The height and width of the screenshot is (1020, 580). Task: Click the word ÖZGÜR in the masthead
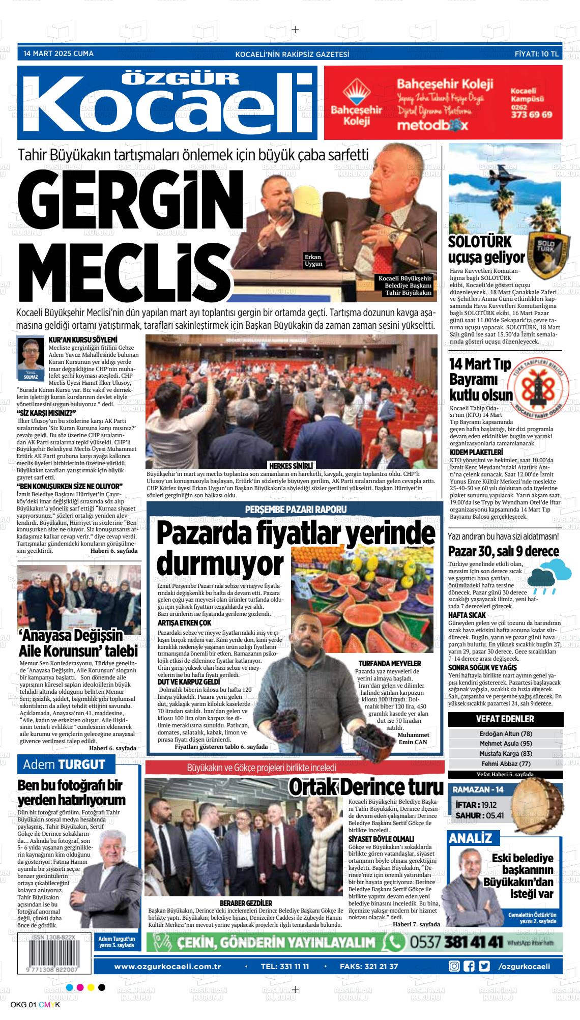(x=182, y=77)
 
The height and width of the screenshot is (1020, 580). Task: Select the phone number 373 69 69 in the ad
(x=531, y=115)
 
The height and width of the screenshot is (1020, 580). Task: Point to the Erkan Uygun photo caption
(x=313, y=260)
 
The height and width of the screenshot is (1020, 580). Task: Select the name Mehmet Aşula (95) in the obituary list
(x=505, y=743)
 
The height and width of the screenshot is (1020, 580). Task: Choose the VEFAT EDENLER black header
(x=505, y=719)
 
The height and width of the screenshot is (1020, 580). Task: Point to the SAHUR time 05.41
(x=494, y=815)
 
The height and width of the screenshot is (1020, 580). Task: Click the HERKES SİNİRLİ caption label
(x=291, y=465)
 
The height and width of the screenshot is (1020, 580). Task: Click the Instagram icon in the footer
(x=454, y=966)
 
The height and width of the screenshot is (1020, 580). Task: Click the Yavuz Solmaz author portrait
(x=31, y=355)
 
